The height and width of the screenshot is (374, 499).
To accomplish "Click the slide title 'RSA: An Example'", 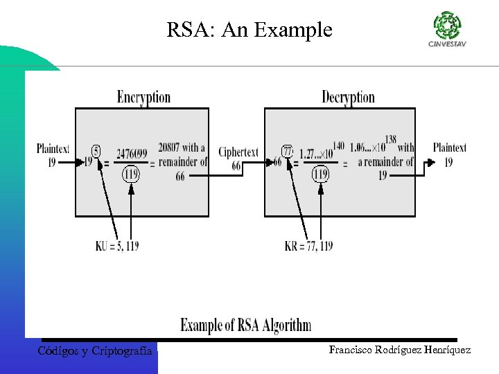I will click(x=249, y=30).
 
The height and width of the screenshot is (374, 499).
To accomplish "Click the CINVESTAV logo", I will click(x=446, y=29).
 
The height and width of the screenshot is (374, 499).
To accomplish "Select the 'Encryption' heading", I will click(x=143, y=97).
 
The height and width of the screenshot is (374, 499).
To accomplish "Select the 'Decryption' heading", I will click(x=348, y=97).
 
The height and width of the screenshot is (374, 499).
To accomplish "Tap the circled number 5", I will click(x=96, y=150).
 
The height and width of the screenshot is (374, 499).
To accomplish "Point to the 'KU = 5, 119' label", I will click(x=117, y=246).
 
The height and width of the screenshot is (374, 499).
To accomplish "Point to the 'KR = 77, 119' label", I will click(x=308, y=246).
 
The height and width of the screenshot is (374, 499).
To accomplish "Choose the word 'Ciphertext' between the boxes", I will click(x=238, y=152).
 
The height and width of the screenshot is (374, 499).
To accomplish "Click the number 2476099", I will click(x=132, y=153).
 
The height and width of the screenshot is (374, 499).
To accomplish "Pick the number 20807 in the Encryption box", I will click(x=169, y=148).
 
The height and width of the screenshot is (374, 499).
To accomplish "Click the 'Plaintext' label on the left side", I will click(x=53, y=148).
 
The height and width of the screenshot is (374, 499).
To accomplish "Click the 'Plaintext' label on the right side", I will click(x=449, y=147).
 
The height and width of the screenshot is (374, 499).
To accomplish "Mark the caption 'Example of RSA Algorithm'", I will click(x=246, y=325).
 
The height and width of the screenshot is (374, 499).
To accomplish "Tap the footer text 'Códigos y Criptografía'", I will click(x=95, y=351).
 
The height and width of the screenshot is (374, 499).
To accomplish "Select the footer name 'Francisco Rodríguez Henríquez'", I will click(x=400, y=350).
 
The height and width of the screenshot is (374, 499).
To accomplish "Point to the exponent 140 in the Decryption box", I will click(x=338, y=145).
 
